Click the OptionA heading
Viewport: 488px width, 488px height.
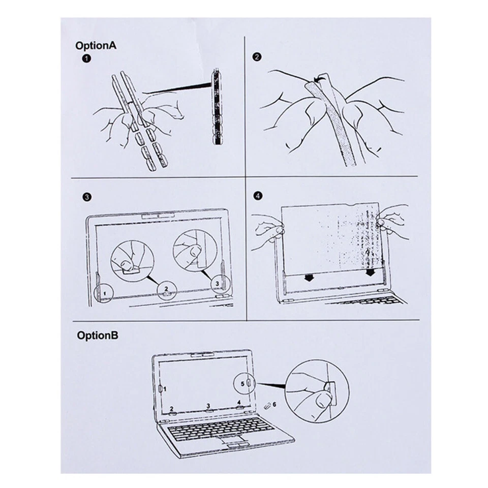(x=96, y=45)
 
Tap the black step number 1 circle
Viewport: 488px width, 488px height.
(x=86, y=59)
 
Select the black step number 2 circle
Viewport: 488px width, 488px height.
(x=257, y=57)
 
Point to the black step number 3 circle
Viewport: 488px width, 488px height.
(x=87, y=197)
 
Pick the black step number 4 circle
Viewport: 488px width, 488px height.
(x=257, y=195)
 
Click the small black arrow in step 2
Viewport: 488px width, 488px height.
(x=319, y=80)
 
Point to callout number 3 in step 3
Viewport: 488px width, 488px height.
(x=217, y=282)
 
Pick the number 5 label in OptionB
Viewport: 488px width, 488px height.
(x=242, y=384)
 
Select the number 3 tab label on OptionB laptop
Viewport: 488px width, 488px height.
(x=208, y=406)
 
